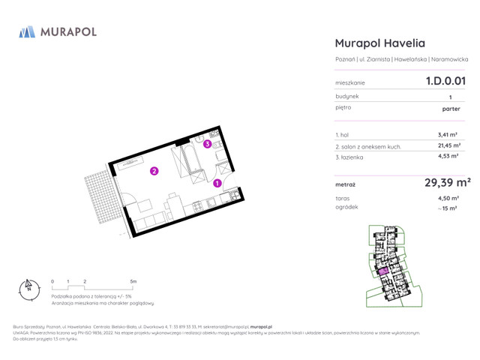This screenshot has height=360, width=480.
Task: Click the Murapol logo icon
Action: point(27,31)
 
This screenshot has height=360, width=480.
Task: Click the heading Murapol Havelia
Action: point(378,43)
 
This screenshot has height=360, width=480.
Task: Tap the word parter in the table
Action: point(451,108)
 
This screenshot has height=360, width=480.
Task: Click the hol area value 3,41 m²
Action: point(448,135)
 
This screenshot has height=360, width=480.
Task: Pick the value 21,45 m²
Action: point(448,146)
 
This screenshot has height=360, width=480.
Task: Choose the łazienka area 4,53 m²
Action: point(448,157)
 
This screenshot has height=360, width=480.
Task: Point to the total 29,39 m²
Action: point(447,182)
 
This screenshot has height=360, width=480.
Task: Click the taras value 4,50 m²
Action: point(448,198)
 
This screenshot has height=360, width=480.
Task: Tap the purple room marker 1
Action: point(217,183)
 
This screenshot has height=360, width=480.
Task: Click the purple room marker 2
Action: point(154,171)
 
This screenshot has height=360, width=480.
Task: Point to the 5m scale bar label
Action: point(133,281)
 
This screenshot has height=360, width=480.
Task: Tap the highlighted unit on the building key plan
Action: point(382,271)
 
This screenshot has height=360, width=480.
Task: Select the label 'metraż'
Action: point(345,183)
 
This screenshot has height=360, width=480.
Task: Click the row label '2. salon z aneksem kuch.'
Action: point(368,146)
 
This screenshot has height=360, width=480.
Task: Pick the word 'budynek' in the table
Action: point(347,96)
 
